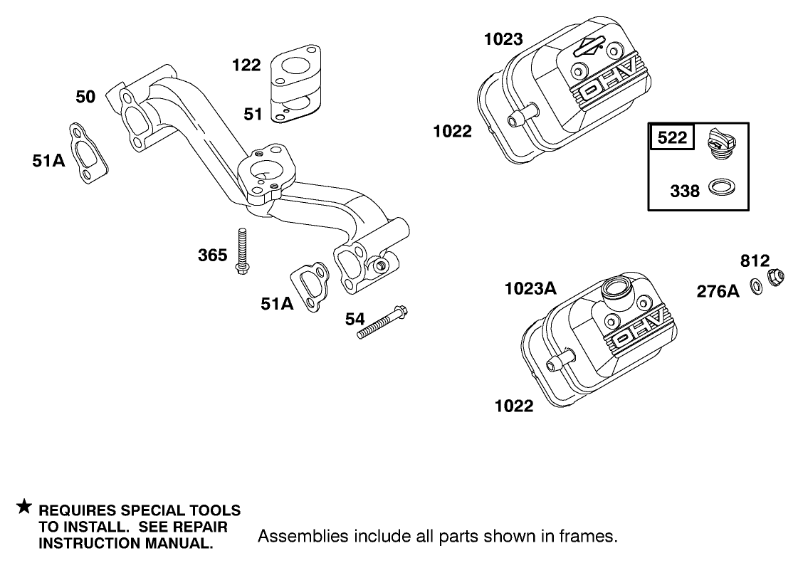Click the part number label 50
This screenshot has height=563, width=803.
[85, 96]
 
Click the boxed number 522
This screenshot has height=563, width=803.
[672, 137]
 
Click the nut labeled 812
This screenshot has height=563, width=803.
[775, 278]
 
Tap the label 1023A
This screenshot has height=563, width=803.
[530, 288]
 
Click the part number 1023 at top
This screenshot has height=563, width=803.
[503, 39]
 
